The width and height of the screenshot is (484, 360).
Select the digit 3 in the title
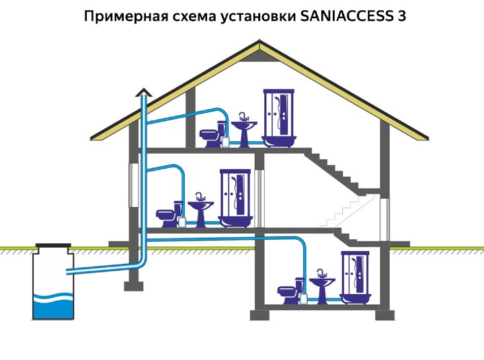tap(401, 15)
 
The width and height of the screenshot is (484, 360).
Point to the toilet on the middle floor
tap(168, 214)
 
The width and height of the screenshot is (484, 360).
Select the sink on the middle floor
tap(200, 209)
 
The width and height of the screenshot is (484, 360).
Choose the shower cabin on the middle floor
tap(236, 197)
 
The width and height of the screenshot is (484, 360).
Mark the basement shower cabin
tap(357, 277)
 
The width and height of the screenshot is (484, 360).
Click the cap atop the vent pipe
tap(143, 92)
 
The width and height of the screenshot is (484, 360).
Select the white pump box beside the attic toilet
tap(229, 140)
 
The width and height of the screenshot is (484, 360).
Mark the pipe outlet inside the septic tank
tap(69, 272)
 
